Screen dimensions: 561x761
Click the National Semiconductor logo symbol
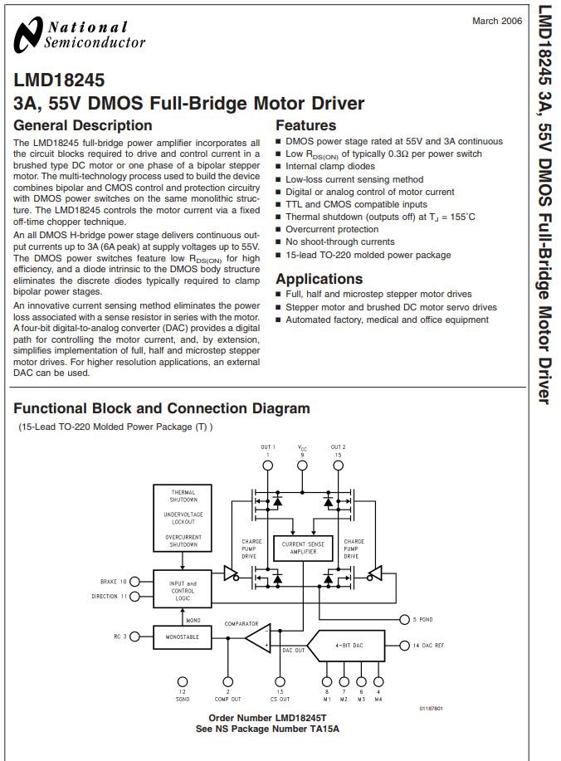pyautogui.click(x=29, y=35)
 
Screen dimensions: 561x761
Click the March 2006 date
pyautogui.click(x=497, y=21)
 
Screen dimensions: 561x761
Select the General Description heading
pyautogui.click(x=83, y=125)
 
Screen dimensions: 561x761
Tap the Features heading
pyautogui.click(x=305, y=125)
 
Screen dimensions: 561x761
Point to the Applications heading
pyautogui.click(x=320, y=279)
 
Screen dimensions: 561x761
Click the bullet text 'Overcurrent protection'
pyautogui.click(x=332, y=229)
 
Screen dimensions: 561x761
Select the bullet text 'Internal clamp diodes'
pyautogui.click(x=330, y=166)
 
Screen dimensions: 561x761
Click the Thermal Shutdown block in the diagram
pyautogui.click(x=183, y=518)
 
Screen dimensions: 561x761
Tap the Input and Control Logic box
pyautogui.click(x=183, y=588)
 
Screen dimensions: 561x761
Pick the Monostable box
pyautogui.click(x=183, y=637)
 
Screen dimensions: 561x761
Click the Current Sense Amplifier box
pyautogui.click(x=303, y=548)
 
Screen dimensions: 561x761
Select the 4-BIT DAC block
pyautogui.click(x=347, y=646)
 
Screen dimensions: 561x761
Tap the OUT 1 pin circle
pyautogui.click(x=267, y=466)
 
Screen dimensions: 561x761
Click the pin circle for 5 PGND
pyautogui.click(x=404, y=619)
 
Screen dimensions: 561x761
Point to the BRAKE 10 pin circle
pyautogui.click(x=134, y=582)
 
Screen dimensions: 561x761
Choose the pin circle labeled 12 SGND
pyautogui.click(x=183, y=682)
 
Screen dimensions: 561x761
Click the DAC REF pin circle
pyautogui.click(x=404, y=646)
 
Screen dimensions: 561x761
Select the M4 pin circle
pyautogui.click(x=378, y=682)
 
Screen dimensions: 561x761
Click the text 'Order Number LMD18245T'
pyautogui.click(x=267, y=718)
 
